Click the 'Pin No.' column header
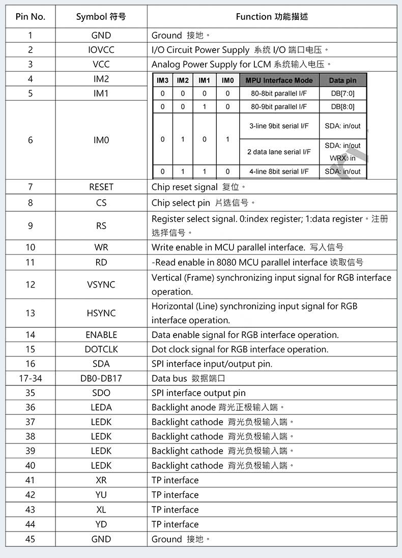tap(31, 16)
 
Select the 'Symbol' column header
tap(101, 16)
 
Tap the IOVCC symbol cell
tap(101, 50)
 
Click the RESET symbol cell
tap(101, 187)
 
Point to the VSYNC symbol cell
tap(101, 285)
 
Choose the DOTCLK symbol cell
tap(101, 349)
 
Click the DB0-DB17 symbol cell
tap(101, 378)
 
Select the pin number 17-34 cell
tap(31, 378)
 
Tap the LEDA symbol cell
tap(101, 407)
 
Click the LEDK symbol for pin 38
tap(101, 436)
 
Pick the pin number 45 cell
tap(31, 539)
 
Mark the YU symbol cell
tap(101, 495)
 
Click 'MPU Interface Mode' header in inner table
tap(279, 80)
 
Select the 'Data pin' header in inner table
tap(342, 80)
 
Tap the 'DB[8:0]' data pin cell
tap(342, 107)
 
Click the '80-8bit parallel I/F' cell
tap(279, 94)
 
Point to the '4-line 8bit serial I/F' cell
tap(279, 172)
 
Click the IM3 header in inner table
tap(162, 80)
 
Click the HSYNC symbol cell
tap(101, 313)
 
